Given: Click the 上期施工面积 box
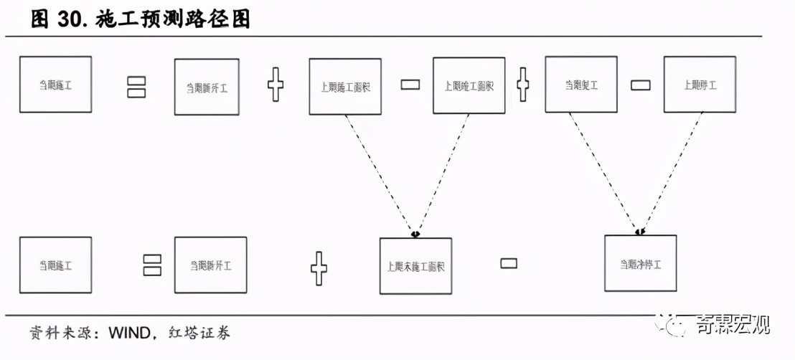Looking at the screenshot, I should click(344, 87).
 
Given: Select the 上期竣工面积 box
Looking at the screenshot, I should click(469, 86).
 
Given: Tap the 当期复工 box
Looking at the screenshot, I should click(580, 85).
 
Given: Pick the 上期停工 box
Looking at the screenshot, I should click(699, 85).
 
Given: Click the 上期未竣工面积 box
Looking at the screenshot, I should click(415, 266).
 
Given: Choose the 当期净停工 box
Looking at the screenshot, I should click(641, 263).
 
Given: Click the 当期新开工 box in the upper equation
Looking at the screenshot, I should click(207, 87).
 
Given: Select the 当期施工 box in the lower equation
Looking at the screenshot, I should click(55, 265).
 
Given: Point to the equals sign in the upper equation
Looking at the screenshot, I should click(136, 87).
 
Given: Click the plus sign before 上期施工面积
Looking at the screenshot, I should click(276, 85).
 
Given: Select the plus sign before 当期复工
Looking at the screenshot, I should click(523, 85).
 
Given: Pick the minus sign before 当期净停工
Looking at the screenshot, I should click(508, 263).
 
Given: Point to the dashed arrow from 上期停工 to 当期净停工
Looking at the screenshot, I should click(671, 172).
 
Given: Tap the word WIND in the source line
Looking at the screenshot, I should click(128, 333).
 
